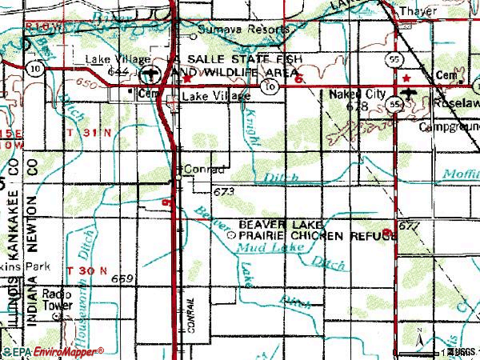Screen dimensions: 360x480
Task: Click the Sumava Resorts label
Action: pyautogui.click(x=243, y=29)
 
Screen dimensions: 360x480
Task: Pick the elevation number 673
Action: pyautogui.click(x=224, y=193)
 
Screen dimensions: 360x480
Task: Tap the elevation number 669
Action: pyautogui.click(x=122, y=278)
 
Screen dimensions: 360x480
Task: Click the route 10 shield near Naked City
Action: pyautogui.click(x=272, y=86)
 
